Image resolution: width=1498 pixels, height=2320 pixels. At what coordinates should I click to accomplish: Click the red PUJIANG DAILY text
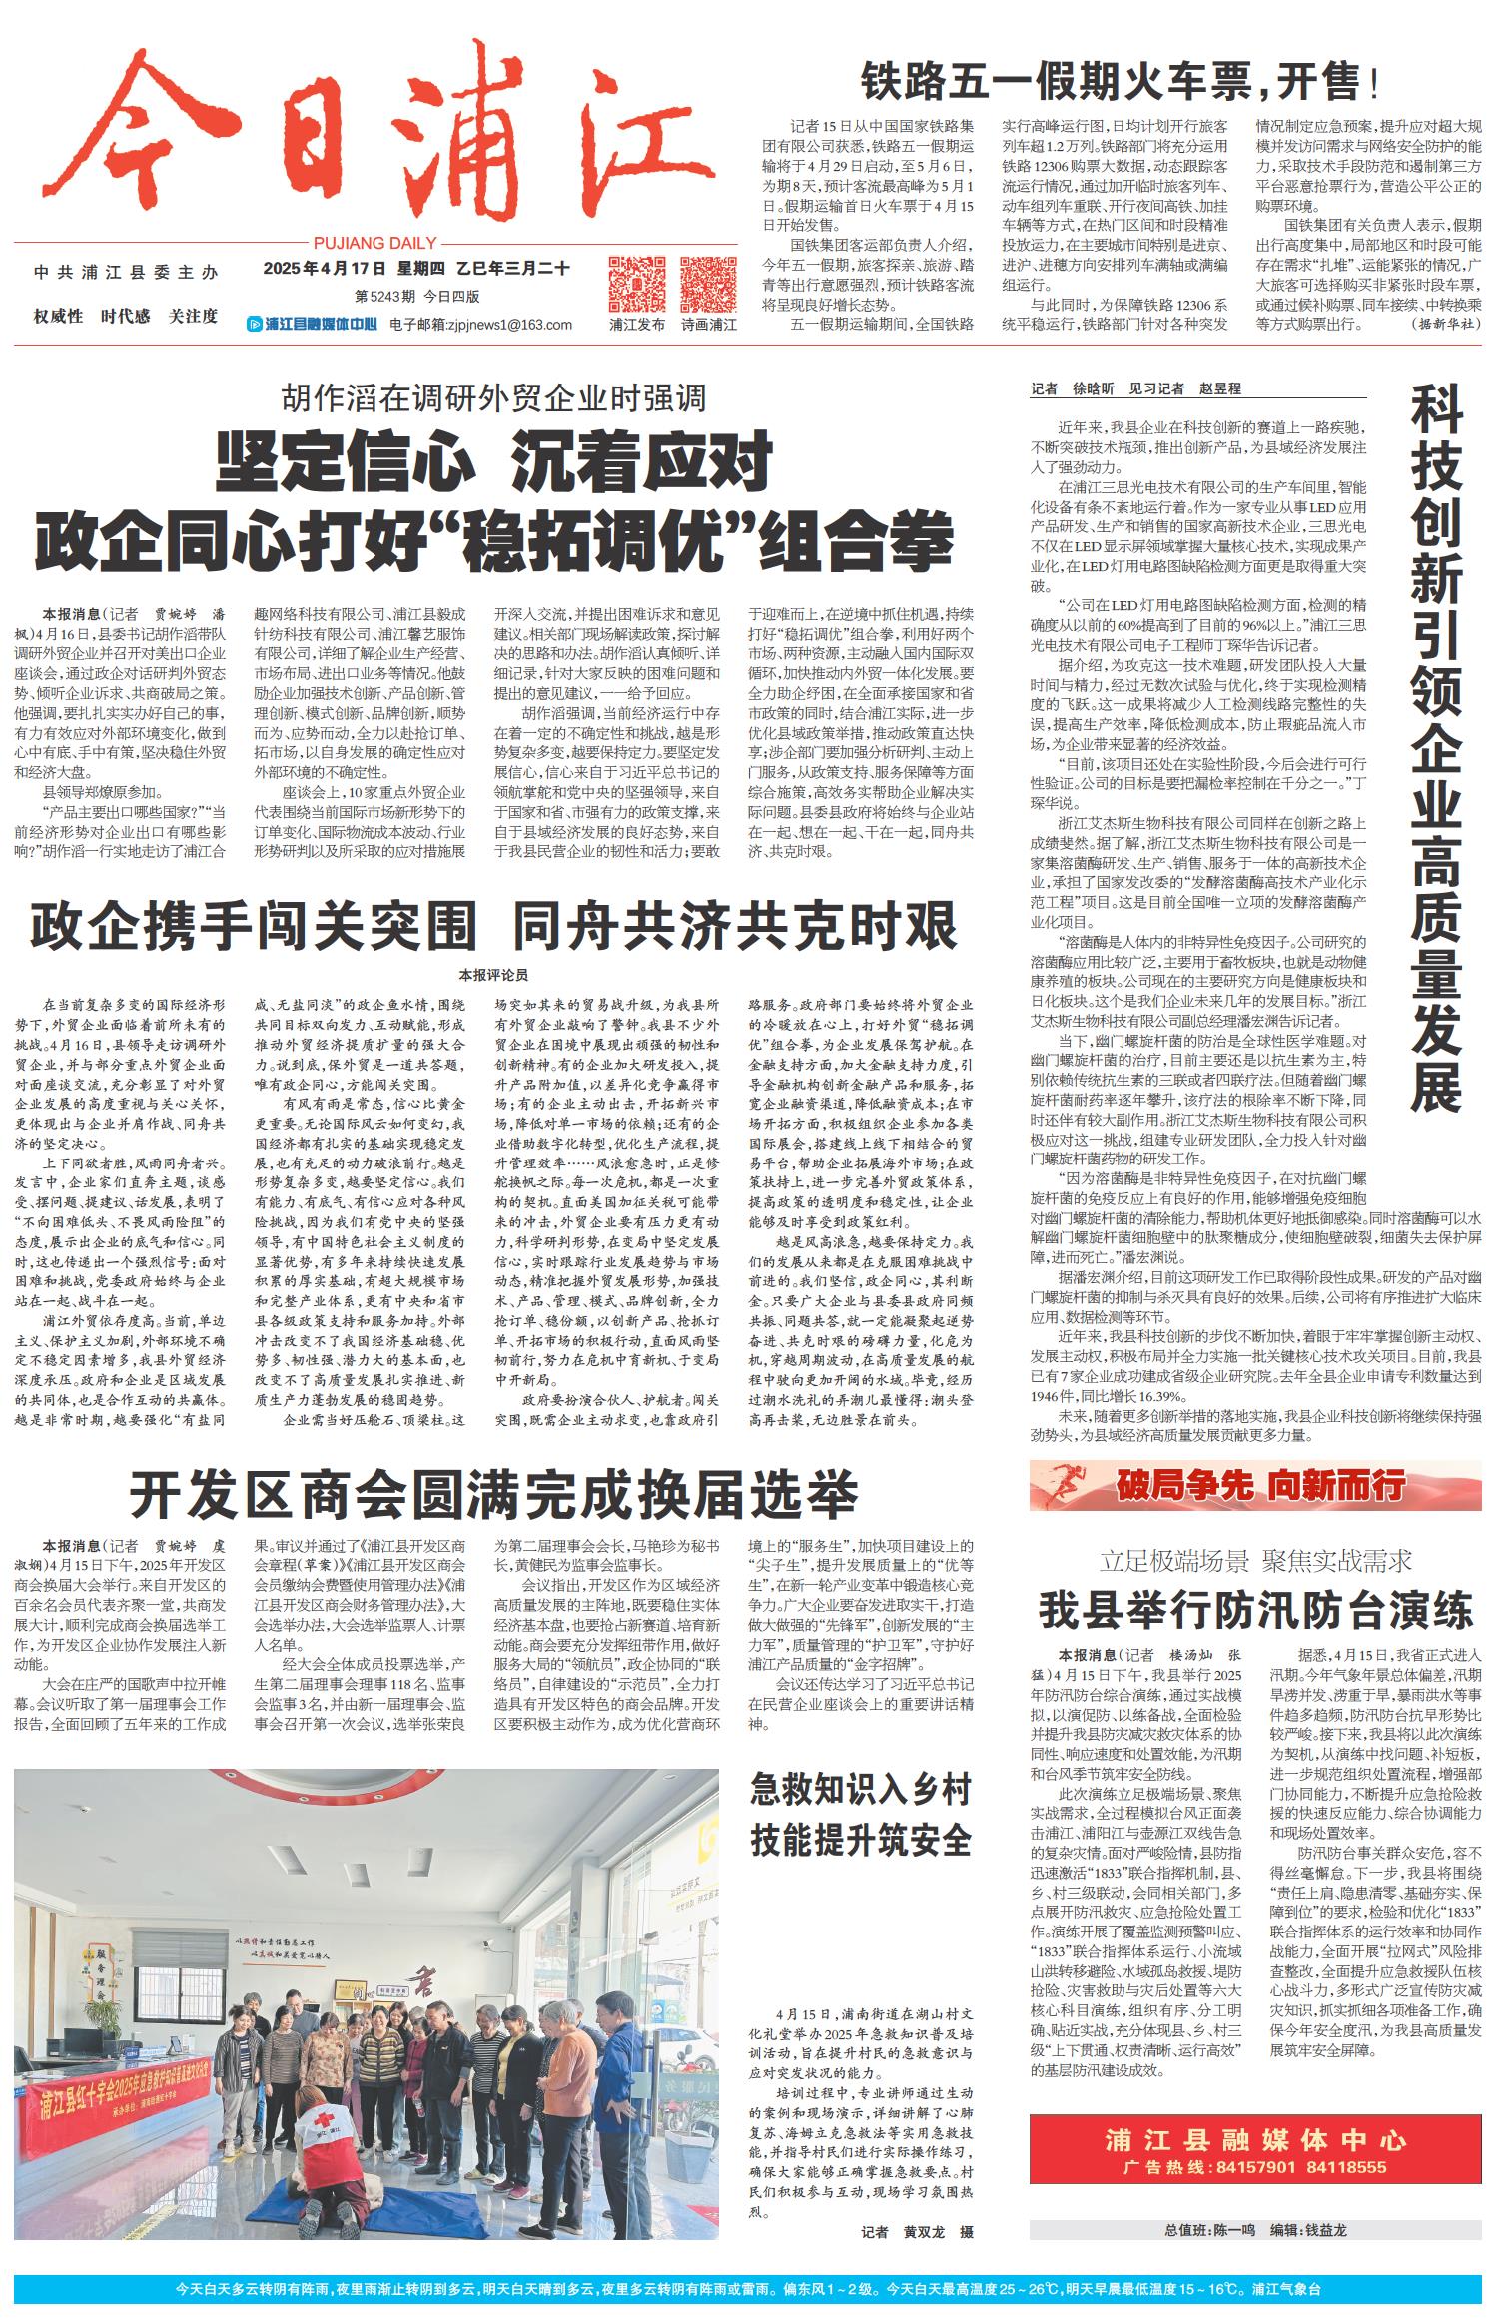(x=374, y=243)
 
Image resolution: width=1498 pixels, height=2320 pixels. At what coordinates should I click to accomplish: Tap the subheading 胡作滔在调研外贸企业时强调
(x=493, y=398)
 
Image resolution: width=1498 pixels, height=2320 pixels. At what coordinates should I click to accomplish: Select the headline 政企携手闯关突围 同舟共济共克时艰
(x=493, y=926)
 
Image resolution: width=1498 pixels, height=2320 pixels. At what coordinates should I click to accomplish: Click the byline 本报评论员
(x=493, y=974)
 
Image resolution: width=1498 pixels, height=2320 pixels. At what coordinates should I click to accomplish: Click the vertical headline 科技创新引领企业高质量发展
(x=1436, y=749)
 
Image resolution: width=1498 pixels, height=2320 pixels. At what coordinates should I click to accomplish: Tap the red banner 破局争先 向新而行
(x=1255, y=1485)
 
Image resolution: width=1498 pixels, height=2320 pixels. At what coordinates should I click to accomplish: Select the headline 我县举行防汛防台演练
(x=1255, y=1611)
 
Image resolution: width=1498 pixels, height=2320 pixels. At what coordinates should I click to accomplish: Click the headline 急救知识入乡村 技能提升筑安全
(x=861, y=1816)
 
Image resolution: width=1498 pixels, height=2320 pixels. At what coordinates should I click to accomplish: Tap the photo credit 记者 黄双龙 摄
(x=918, y=2231)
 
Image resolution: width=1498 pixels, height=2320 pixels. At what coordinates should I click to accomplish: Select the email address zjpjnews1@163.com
(x=480, y=324)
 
